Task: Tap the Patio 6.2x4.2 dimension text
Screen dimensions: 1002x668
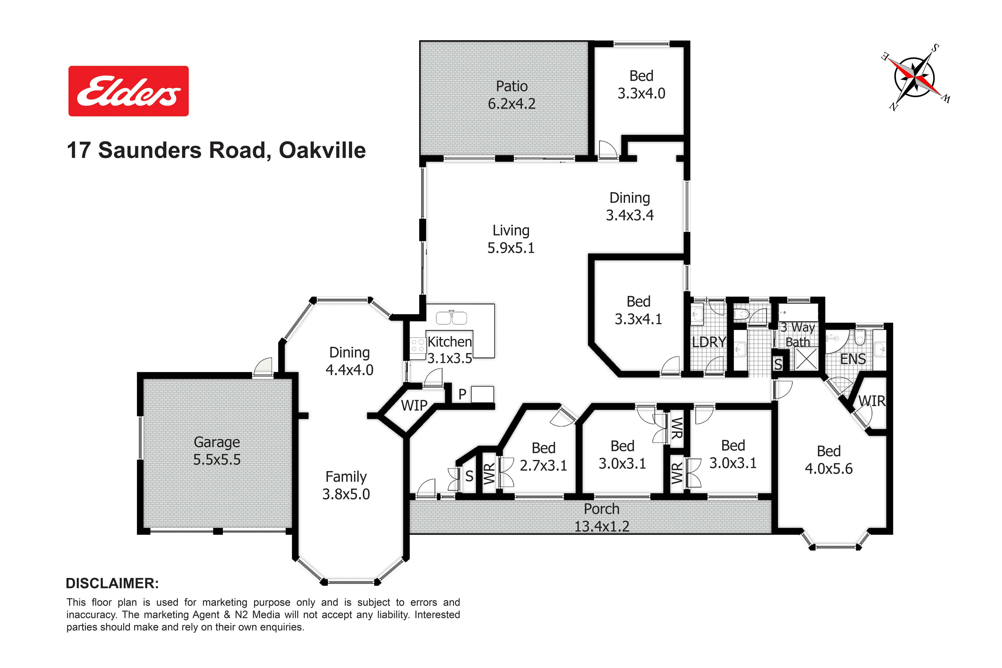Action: click(x=512, y=103)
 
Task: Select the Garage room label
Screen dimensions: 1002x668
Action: click(x=217, y=442)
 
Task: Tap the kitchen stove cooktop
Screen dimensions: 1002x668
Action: click(x=418, y=345)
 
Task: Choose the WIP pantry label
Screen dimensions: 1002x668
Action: click(x=414, y=406)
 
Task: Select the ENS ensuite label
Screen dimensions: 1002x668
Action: click(x=853, y=359)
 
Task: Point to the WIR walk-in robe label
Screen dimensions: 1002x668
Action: click(x=872, y=401)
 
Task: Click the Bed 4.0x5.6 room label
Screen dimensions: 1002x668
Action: click(x=829, y=460)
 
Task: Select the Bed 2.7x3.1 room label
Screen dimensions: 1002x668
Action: click(x=544, y=457)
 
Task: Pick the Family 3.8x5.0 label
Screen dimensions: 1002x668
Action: click(x=346, y=485)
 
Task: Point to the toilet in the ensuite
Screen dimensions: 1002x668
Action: click(x=860, y=338)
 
